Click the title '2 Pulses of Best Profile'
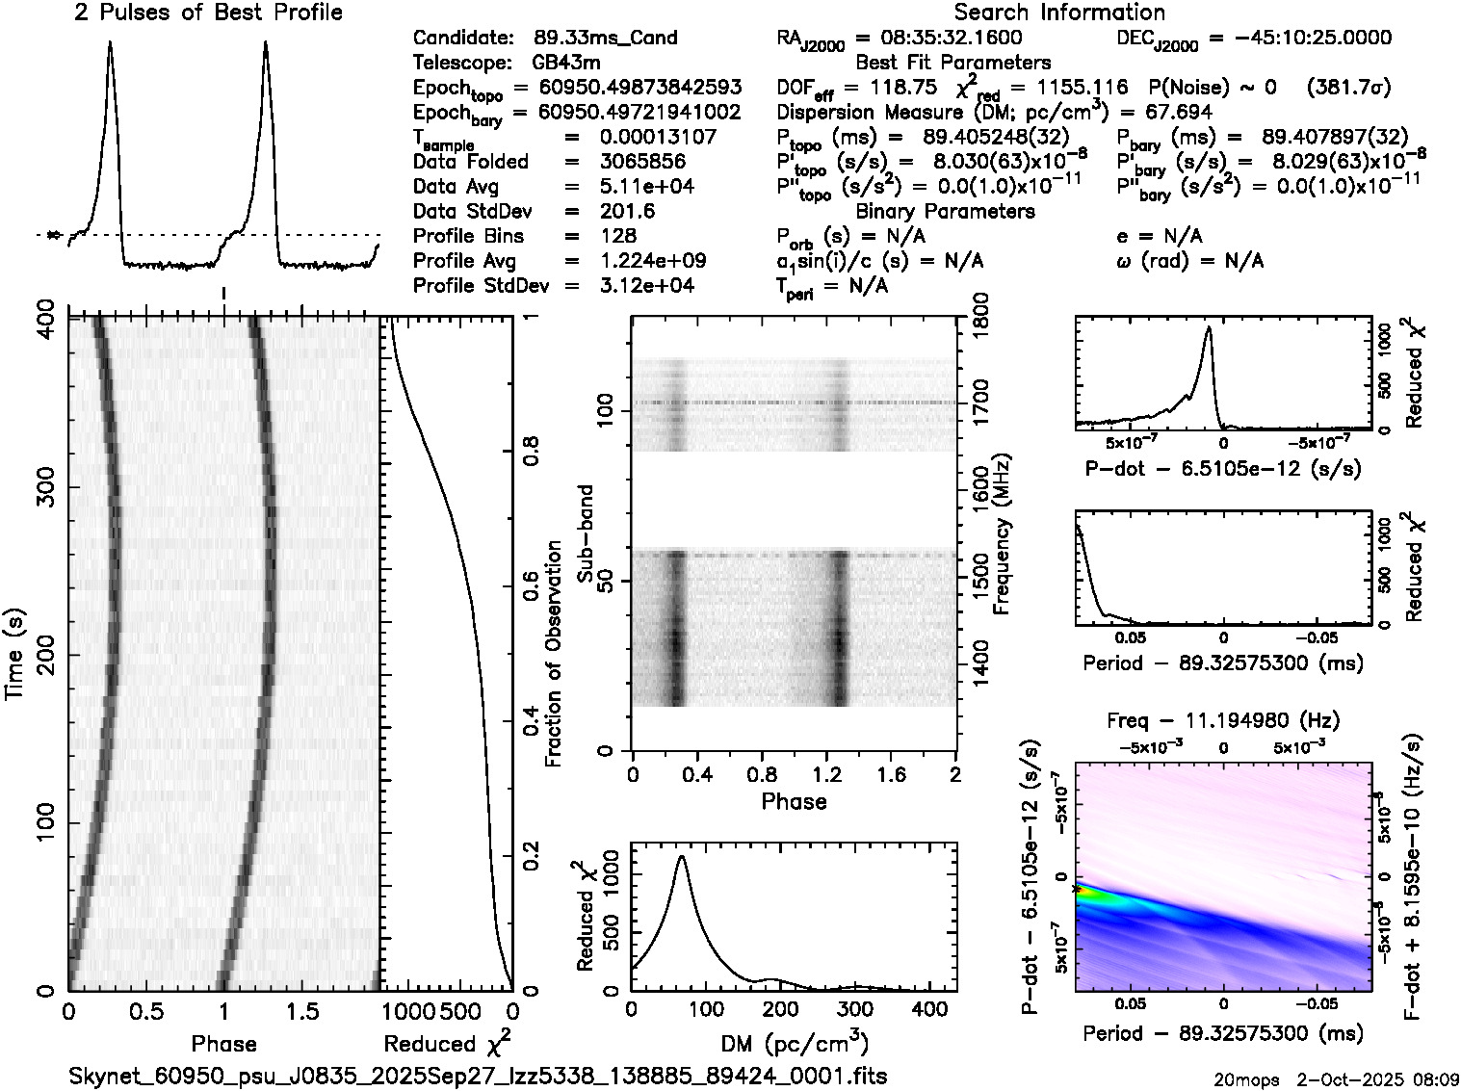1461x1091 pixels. [208, 13]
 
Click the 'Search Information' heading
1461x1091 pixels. [1059, 13]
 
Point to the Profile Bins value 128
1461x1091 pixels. [617, 236]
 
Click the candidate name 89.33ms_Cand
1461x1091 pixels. [605, 38]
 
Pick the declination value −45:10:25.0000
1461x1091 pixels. [1299, 38]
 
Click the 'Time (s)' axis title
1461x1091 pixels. [15, 654]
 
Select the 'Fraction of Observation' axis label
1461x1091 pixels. [554, 654]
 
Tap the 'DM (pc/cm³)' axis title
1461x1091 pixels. [795, 1044]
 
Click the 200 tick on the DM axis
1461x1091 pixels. [780, 1009]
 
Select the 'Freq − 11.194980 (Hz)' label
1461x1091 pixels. [1222, 720]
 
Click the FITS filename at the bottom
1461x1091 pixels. [478, 1076]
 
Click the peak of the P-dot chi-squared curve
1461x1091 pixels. [1208, 328]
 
